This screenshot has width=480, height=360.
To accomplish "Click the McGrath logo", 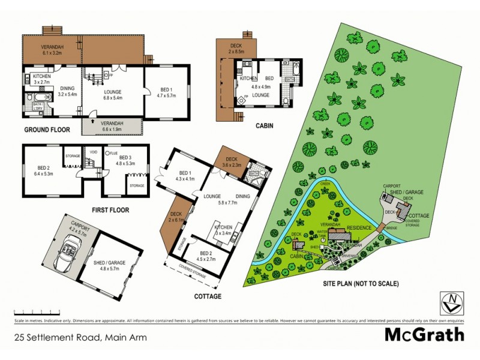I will point(424,334).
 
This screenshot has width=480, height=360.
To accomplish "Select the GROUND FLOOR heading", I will point(47,130).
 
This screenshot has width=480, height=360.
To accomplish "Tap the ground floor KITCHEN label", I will point(41,77).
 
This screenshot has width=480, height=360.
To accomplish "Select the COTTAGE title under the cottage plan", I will point(208,296).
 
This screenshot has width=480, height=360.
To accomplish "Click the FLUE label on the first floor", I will point(114,153).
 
